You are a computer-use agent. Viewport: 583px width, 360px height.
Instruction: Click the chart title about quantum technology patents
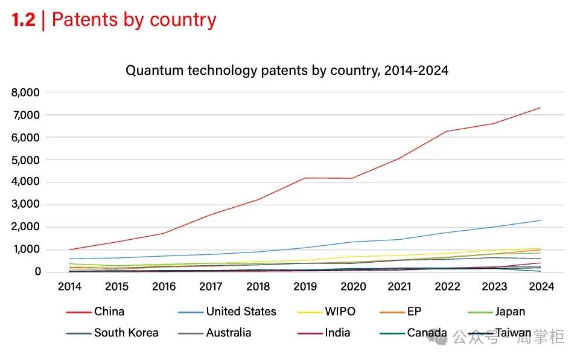[x=287, y=71]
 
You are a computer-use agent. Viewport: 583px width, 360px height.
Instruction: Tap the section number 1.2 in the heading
[x=24, y=20]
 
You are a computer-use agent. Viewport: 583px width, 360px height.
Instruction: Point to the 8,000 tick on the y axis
[x=25, y=92]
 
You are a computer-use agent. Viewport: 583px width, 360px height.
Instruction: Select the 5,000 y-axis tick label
[x=25, y=160]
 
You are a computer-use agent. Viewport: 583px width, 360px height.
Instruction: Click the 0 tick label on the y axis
[x=37, y=272]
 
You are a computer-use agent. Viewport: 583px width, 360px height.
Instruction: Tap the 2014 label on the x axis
[x=70, y=287]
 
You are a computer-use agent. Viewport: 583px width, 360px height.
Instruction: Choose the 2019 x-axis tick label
[x=305, y=287]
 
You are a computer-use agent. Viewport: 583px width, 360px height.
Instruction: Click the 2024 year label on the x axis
[x=541, y=287]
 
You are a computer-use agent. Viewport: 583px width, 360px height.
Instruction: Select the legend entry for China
[x=109, y=312]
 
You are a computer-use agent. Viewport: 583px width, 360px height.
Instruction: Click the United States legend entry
[x=241, y=312]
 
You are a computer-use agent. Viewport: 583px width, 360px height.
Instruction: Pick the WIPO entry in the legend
[x=340, y=312]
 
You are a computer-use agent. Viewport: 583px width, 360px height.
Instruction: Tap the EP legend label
[x=414, y=312]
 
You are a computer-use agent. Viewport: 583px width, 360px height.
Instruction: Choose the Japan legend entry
[x=510, y=312]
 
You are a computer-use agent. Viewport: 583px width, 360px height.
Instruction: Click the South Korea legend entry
[x=126, y=333]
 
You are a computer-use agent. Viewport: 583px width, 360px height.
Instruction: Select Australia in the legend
[x=228, y=333]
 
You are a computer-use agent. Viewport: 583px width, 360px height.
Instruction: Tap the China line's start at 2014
[x=70, y=249]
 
